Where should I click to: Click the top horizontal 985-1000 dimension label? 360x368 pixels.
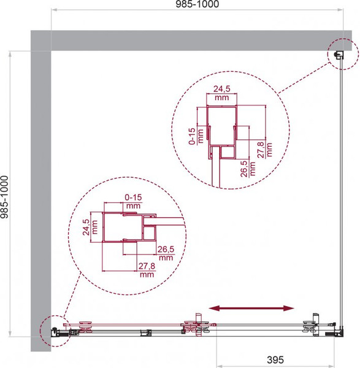click(197, 4)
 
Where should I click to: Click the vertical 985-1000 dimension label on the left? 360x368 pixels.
click(4, 197)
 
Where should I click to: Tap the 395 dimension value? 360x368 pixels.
click(275, 359)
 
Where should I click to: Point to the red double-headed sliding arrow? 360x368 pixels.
click(251, 308)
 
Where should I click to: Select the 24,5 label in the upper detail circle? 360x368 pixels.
click(222, 89)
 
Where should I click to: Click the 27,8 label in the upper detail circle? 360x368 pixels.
click(261, 150)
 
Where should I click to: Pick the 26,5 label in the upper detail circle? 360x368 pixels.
click(244, 169)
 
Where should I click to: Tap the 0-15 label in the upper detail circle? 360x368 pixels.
click(192, 136)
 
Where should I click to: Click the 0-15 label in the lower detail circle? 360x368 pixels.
click(133, 197)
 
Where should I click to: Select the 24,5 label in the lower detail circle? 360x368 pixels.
click(86, 227)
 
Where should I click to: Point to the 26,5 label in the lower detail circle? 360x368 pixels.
click(166, 249)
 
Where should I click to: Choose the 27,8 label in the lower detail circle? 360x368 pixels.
click(147, 266)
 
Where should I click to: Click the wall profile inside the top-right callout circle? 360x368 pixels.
click(339, 55)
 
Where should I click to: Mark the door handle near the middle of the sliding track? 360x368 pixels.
click(199, 317)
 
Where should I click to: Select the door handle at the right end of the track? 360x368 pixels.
click(315, 318)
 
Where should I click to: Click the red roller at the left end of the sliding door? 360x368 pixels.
click(86, 327)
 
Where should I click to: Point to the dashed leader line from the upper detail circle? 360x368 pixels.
click(303, 79)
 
